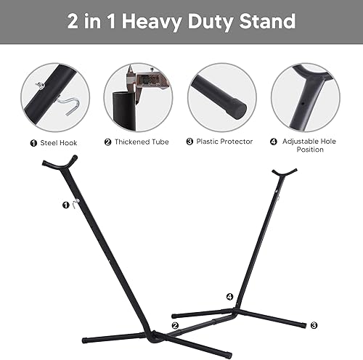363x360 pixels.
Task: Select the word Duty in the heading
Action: (215, 21)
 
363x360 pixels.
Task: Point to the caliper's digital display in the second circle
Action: (149, 77)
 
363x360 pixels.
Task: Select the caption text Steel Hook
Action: (59, 142)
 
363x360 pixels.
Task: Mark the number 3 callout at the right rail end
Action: (314, 325)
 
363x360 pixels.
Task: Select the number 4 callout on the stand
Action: (229, 296)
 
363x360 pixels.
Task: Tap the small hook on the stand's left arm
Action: (74, 205)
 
